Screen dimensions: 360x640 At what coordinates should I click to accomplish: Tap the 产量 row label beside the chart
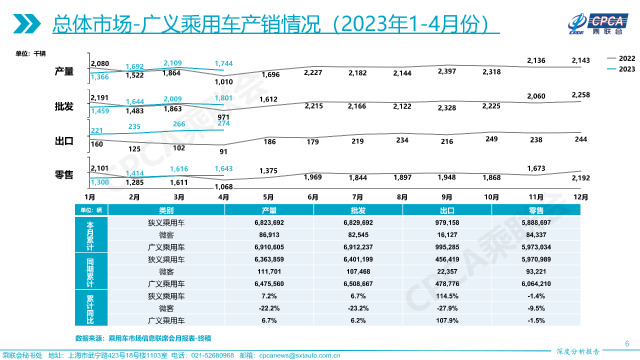click(64, 72)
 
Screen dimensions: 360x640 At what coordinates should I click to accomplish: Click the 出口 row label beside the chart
click(64, 141)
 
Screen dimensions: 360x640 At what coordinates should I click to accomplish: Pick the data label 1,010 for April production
click(223, 81)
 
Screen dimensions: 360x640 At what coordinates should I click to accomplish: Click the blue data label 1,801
click(223, 98)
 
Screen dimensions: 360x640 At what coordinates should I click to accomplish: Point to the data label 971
click(223, 117)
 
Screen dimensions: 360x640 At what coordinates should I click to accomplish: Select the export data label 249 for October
click(491, 138)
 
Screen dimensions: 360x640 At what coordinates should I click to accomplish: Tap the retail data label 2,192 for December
click(580, 177)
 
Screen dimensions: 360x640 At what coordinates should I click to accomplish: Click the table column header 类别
click(166, 210)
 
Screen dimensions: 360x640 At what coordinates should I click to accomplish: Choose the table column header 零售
click(536, 210)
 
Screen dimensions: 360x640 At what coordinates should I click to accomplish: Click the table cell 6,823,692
click(269, 223)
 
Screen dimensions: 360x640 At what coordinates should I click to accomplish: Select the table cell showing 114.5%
click(447, 296)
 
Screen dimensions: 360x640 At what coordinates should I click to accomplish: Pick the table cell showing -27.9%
click(447, 308)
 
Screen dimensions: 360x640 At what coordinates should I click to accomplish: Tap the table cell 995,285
click(447, 247)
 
